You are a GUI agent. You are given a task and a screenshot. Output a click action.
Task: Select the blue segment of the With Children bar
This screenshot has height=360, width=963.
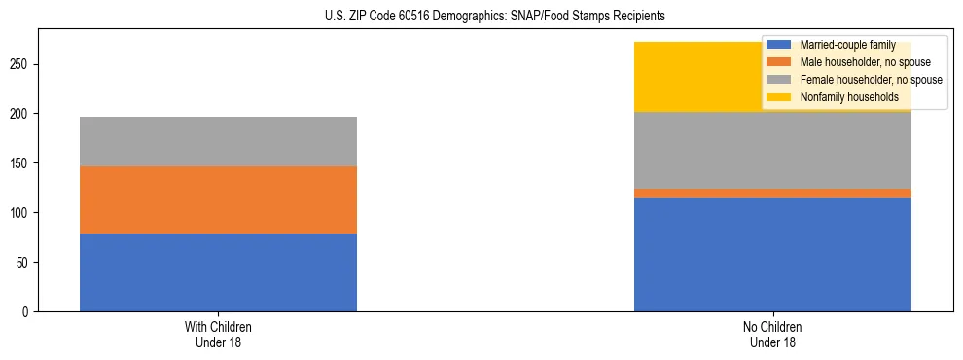[218, 272]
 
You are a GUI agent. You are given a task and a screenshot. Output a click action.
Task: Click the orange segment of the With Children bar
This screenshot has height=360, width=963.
[218, 199]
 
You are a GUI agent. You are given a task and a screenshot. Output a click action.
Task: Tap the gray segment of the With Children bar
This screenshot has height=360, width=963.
[218, 141]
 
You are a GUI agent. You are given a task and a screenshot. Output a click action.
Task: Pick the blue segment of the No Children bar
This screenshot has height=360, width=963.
[772, 254]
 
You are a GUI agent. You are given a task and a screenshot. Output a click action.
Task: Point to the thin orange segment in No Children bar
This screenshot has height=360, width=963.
[772, 193]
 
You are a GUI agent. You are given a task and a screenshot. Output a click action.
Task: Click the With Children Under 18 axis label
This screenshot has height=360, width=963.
[218, 334]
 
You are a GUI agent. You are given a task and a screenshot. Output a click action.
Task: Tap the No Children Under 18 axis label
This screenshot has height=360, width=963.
[772, 334]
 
